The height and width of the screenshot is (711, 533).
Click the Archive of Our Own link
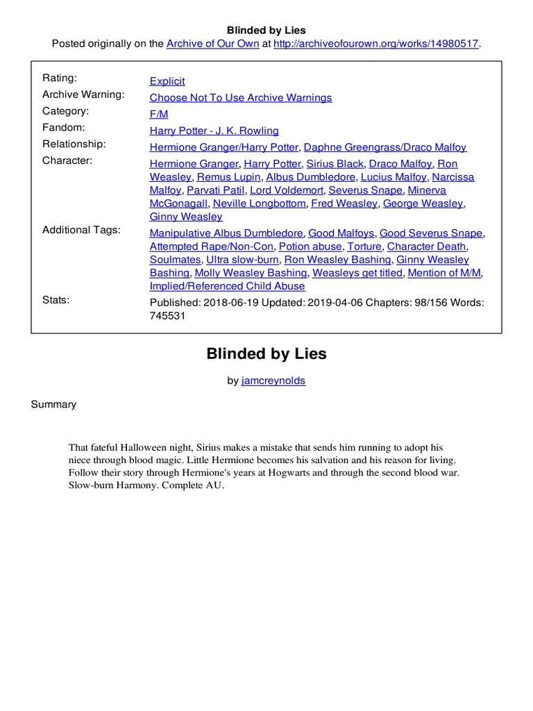click(212, 44)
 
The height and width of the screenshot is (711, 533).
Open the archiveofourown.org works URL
click(377, 44)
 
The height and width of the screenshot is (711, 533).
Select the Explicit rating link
click(167, 81)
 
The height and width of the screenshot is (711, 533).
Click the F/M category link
click(159, 114)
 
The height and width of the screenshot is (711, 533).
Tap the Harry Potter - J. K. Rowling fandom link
click(214, 131)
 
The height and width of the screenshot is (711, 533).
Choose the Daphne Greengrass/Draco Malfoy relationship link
click(385, 147)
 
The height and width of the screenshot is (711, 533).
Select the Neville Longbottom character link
click(260, 203)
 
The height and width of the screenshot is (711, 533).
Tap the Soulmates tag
click(175, 260)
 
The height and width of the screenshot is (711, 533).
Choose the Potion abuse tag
click(310, 246)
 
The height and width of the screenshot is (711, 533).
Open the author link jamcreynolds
click(273, 380)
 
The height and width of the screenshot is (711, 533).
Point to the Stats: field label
click(56, 300)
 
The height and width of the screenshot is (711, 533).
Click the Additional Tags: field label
click(81, 230)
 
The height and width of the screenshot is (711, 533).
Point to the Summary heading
click(53, 404)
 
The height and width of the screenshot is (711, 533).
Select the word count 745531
click(168, 316)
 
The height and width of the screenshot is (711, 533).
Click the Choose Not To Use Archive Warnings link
click(241, 98)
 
